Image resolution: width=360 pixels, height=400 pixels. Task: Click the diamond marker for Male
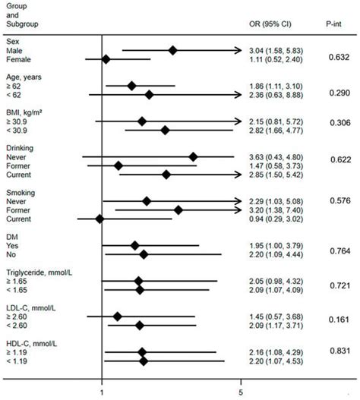[x=173, y=50]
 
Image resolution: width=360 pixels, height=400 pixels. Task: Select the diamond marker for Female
[x=106, y=59]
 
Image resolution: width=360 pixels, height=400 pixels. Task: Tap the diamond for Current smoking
[x=99, y=219]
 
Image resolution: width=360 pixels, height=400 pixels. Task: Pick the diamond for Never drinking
[x=193, y=156]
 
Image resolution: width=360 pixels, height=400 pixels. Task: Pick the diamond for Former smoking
[x=178, y=210]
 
